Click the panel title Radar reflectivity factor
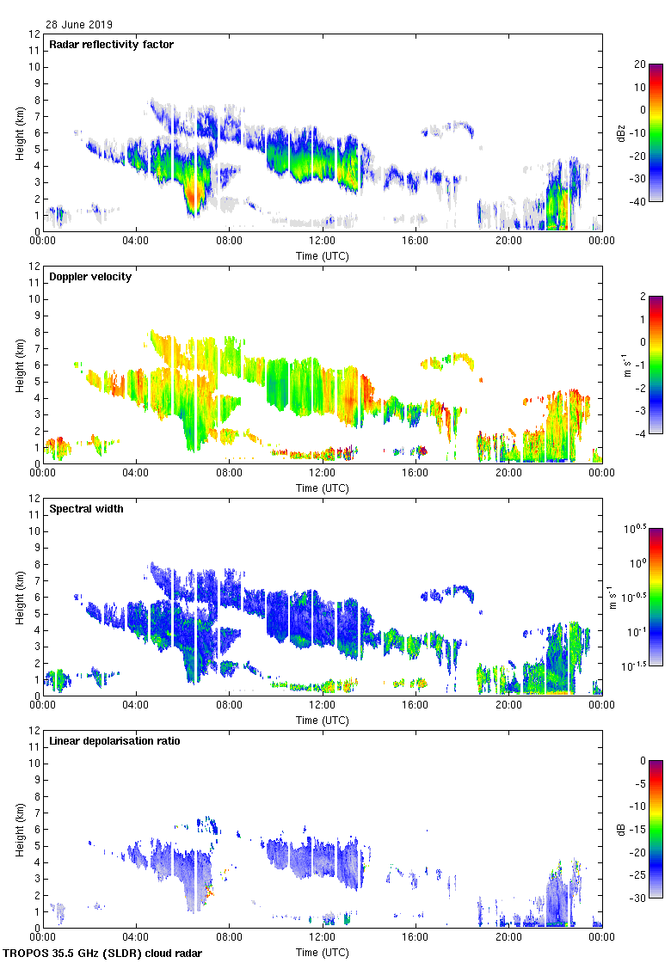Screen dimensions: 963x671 [x=112, y=45]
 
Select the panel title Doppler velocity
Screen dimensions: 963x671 [x=90, y=277]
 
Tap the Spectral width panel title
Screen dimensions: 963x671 [x=86, y=509]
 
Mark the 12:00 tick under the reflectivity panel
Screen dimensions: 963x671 [x=323, y=242]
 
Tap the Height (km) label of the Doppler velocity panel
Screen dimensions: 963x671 [x=19, y=364]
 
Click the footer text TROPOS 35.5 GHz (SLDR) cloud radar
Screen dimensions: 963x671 [x=103, y=954]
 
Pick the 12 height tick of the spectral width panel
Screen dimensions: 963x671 [x=34, y=499]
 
